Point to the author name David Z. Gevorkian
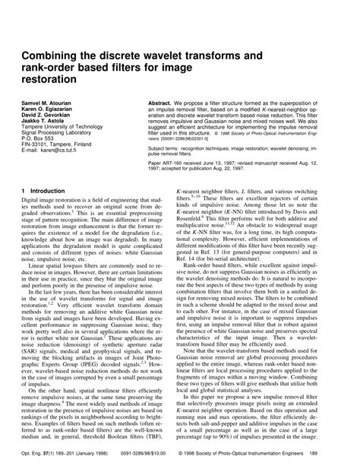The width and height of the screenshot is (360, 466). click(50, 113)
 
